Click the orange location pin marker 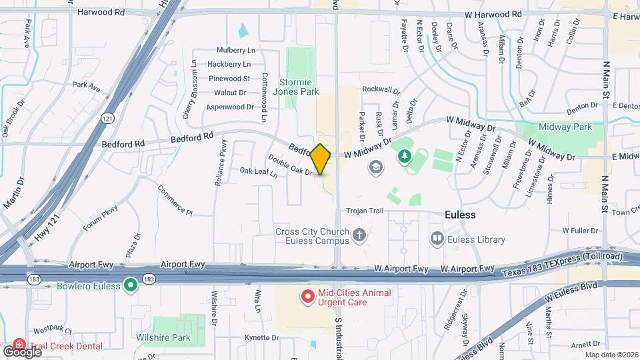(321, 159)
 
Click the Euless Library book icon (437, 238)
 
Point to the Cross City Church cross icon (359, 235)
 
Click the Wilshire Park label (172, 337)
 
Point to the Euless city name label (461, 215)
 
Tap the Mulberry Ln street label (236, 50)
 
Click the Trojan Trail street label (365, 211)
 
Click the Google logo (22, 351)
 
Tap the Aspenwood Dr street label (230, 107)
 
